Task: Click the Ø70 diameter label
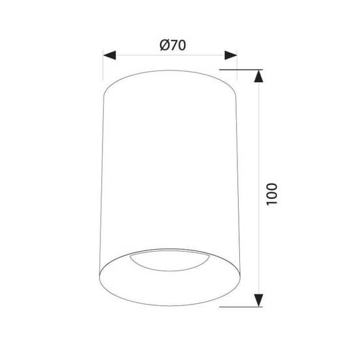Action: coord(173,45)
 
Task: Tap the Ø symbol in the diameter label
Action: coord(164,45)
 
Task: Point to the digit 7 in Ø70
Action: coord(173,46)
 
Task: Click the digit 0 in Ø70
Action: coord(182,46)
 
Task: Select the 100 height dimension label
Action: coord(272,194)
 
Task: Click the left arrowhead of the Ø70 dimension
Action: coord(110,55)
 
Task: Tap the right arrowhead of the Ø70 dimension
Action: coord(231,55)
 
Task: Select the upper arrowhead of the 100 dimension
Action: coord(259,76)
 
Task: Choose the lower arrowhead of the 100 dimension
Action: coord(259,300)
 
